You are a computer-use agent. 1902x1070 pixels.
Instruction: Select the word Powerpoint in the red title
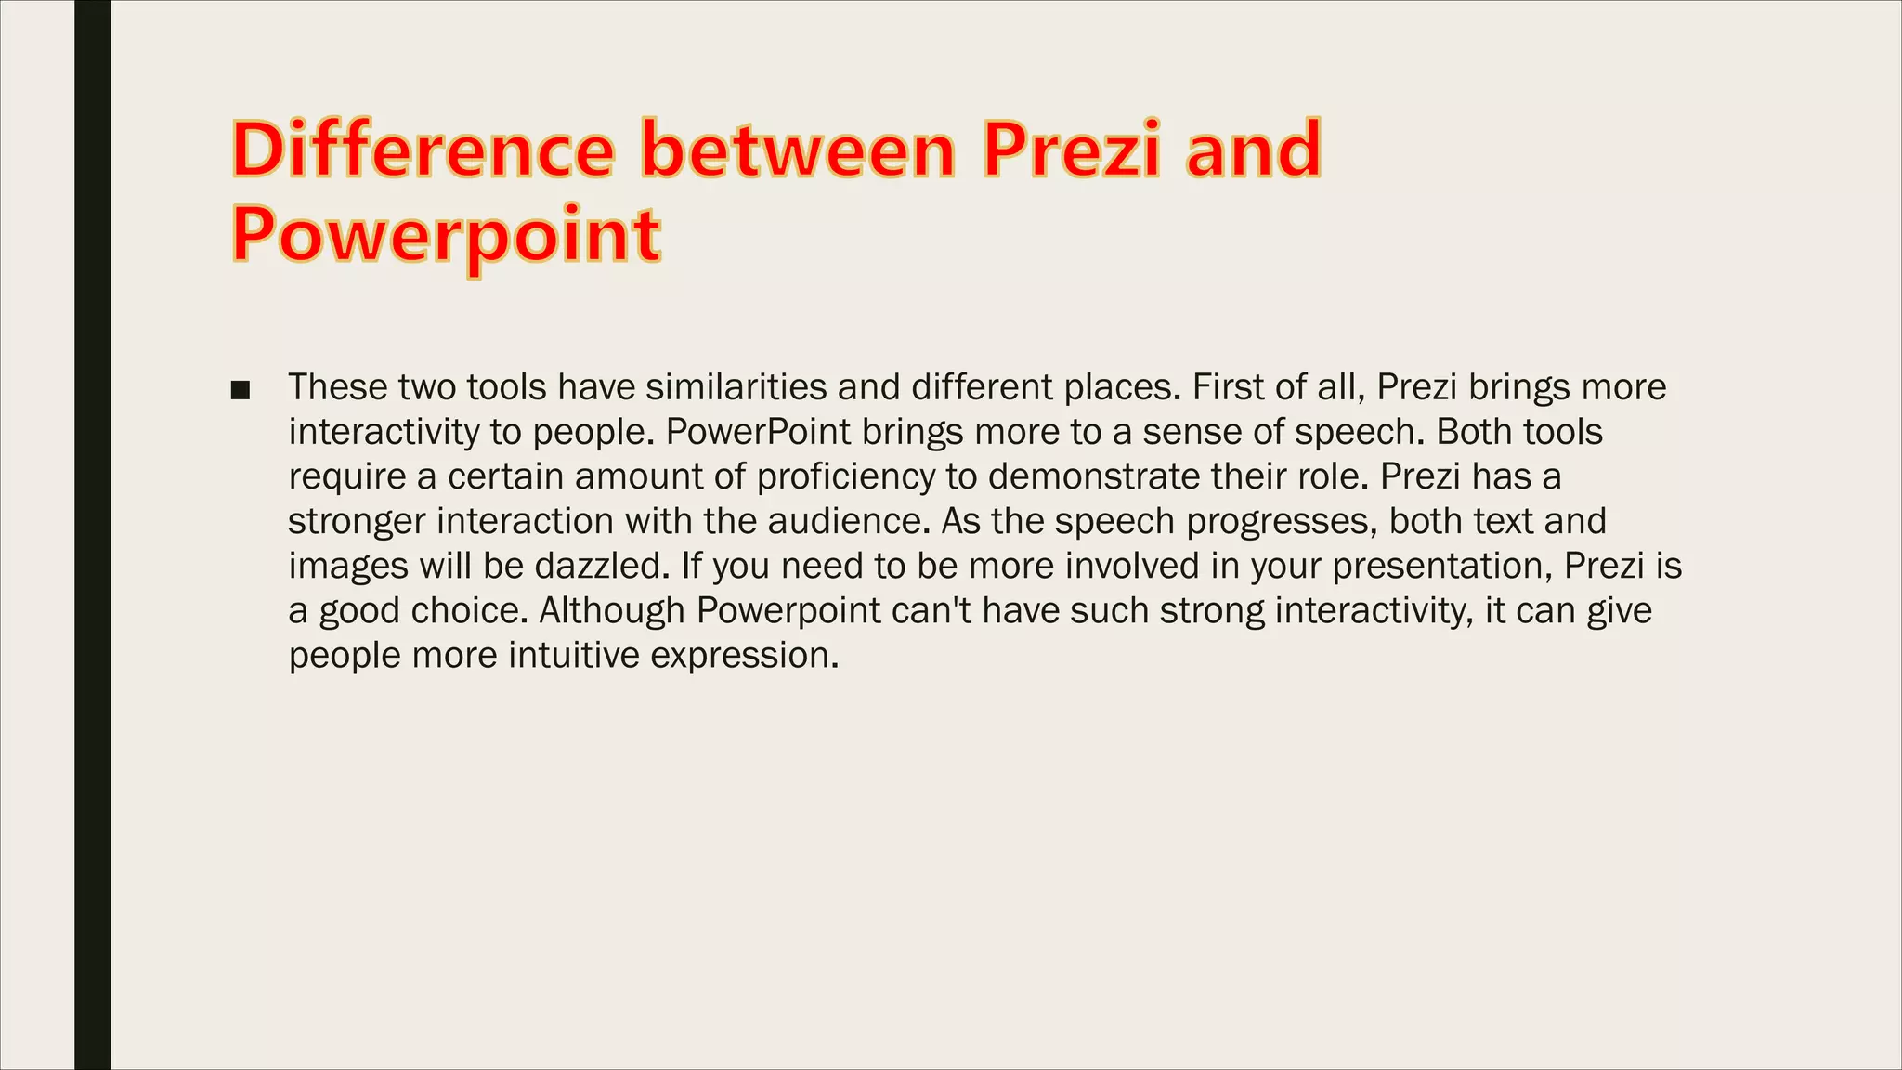[446, 235]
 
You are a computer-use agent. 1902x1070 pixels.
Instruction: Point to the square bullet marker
[241, 390]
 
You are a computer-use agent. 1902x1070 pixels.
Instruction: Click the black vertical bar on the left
[92, 535]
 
